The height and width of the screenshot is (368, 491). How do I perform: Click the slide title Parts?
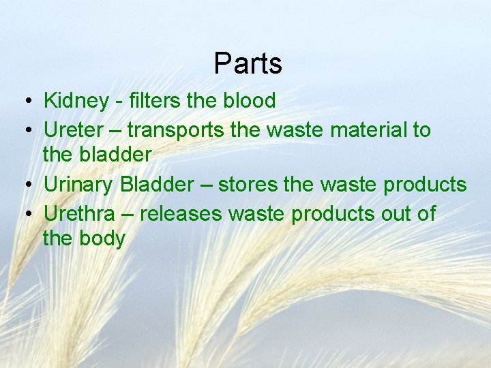coord(248,63)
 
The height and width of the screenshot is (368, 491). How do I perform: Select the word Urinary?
coord(78,185)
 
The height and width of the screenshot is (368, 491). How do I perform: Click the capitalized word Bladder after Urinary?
coord(155,184)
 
